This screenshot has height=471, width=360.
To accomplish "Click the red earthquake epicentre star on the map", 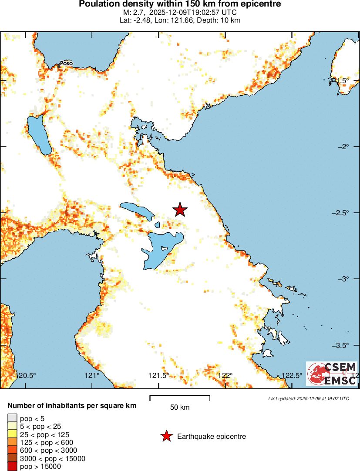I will tap(180, 210).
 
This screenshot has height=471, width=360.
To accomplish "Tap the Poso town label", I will tap(66, 63).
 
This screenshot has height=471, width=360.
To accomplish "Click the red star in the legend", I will tap(166, 436).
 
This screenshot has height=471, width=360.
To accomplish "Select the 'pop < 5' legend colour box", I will tap(12, 419).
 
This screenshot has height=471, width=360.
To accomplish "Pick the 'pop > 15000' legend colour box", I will tap(12, 467).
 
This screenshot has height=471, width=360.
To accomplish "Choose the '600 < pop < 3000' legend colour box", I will tap(12, 451).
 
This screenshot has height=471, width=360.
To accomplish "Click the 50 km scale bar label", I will tap(180, 408).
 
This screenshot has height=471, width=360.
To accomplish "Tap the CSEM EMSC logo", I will tap(332, 374).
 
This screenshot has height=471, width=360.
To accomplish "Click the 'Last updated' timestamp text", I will tap(309, 398).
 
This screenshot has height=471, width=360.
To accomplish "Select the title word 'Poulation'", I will tap(98, 4).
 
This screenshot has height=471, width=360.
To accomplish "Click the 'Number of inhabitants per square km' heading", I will tap(72, 406).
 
